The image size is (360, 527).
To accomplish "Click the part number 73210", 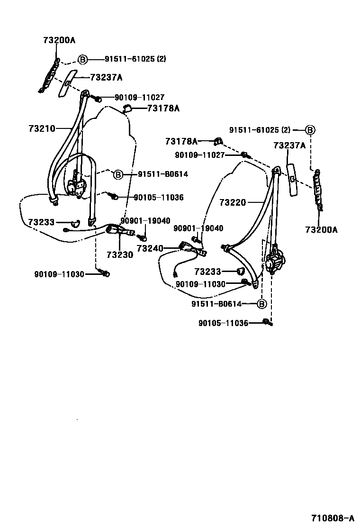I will coord(42,128).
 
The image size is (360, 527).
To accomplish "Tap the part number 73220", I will coord(233,202).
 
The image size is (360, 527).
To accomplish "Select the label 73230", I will coord(119,254).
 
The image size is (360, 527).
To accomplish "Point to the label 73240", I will coord(150,248).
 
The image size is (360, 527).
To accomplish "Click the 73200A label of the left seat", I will coord(56,40).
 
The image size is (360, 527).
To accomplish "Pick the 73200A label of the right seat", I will coord(321,230).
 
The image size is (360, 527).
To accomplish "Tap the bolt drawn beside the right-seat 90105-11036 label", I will coord(268,323).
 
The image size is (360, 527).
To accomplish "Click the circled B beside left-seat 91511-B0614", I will coord(118,174).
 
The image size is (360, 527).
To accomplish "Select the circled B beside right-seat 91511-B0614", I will coord(262,304).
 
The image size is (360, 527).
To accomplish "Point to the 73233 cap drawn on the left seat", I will coord(75,222).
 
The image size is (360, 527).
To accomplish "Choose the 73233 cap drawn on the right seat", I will coord(241,272).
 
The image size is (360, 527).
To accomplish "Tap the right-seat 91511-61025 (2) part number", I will coord(260,130).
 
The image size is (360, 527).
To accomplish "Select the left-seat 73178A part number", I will coord(163,108).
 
